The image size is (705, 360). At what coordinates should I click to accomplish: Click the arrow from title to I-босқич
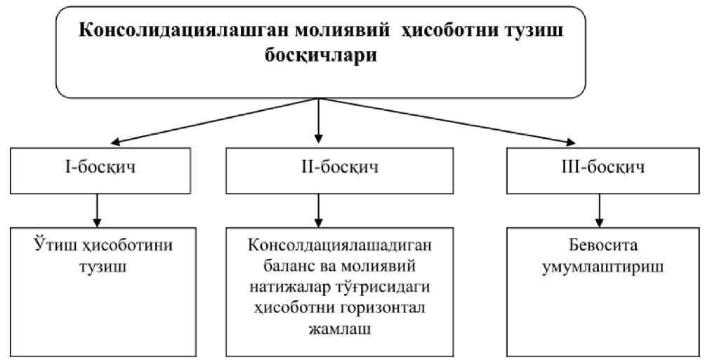[211, 121]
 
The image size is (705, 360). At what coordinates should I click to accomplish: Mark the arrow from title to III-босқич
[449, 121]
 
